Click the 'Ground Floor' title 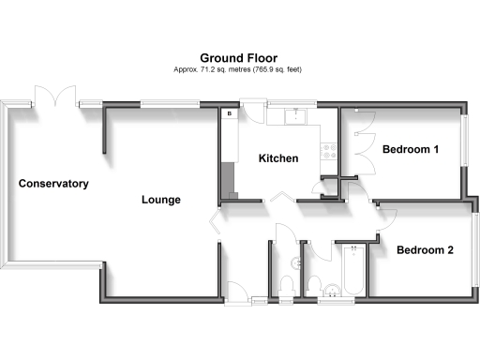238,57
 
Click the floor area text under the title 238,69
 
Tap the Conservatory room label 53,184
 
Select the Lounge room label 161,200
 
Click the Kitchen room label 278,158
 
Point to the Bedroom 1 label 411,149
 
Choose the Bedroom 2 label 425,249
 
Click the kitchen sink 295,116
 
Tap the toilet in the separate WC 286,283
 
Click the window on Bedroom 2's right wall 474,242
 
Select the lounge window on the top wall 169,104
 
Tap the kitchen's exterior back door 248,108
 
